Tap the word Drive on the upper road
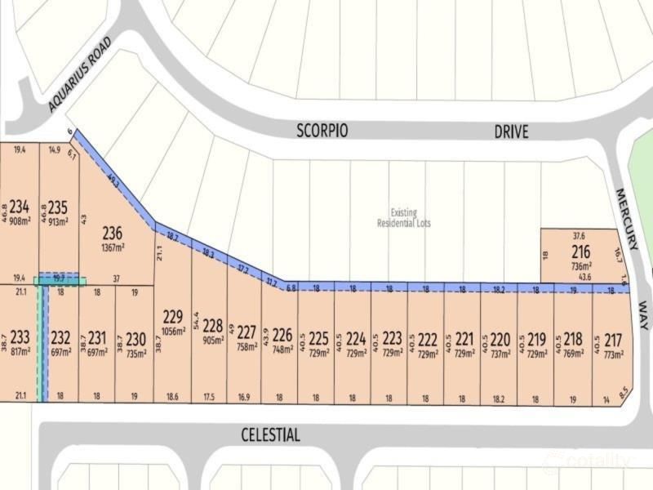[511, 131]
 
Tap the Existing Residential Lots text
[403, 217]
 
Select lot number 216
[580, 252]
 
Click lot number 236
[113, 234]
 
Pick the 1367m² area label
[113, 247]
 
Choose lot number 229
[172, 316]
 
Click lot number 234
[20, 207]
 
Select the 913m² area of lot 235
[58, 220]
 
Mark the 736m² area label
[580, 266]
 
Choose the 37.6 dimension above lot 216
[580, 236]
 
